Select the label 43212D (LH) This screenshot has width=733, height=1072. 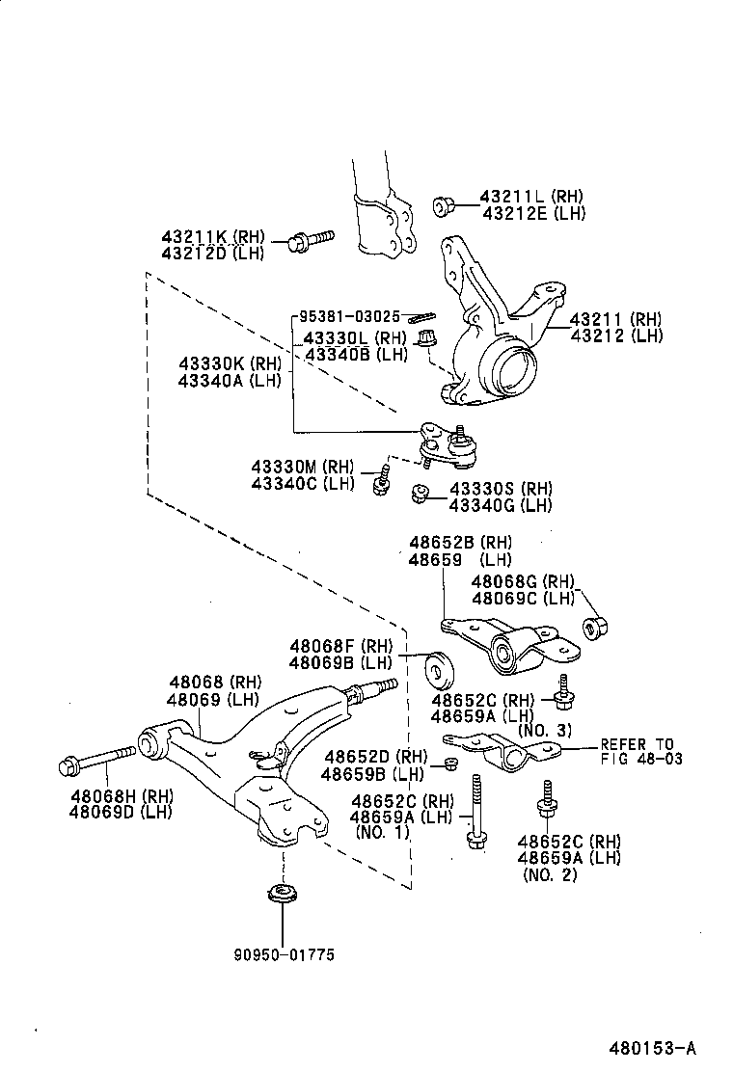click(212, 253)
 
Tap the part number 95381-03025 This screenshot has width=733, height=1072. click(348, 316)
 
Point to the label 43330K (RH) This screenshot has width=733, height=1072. click(229, 363)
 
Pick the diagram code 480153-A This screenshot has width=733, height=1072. click(651, 1048)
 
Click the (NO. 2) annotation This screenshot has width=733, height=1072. click(550, 874)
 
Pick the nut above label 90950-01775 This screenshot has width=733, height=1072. click(282, 893)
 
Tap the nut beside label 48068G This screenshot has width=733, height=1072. click(593, 628)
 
